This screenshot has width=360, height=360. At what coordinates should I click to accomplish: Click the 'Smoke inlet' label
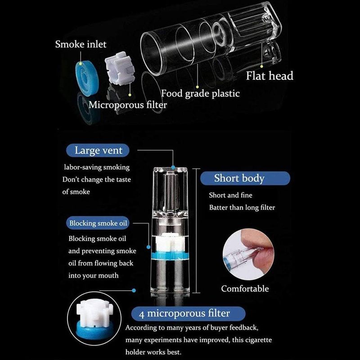pyautogui.click(x=81, y=45)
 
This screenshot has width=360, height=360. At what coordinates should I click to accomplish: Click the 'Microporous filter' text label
pyautogui.click(x=127, y=105)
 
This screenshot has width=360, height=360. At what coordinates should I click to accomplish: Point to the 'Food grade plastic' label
pyautogui.click(x=200, y=94)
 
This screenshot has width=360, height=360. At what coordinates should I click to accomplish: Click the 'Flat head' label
pyautogui.click(x=269, y=76)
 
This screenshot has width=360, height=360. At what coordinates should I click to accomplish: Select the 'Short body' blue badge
pyautogui.click(x=239, y=178)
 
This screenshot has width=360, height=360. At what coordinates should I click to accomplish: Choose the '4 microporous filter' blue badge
pyautogui.click(x=188, y=313)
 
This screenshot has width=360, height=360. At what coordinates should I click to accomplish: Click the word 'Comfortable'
pyautogui.click(x=245, y=288)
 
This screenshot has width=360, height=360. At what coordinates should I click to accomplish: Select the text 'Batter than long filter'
pyautogui.click(x=242, y=207)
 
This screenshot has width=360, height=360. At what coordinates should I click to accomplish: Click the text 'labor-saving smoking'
pyautogui.click(x=96, y=167)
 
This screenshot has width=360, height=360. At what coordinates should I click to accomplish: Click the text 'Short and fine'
pyautogui.click(x=230, y=195)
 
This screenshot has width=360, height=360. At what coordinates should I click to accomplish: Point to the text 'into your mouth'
pyautogui.click(x=94, y=275)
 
